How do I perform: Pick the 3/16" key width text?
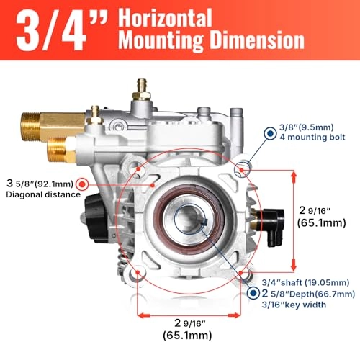coord(295,305)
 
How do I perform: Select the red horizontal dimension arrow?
coord(189,315)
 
